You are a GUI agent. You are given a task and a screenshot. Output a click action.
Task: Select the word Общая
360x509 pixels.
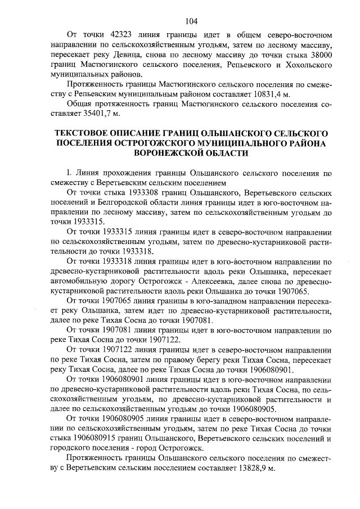79,105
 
